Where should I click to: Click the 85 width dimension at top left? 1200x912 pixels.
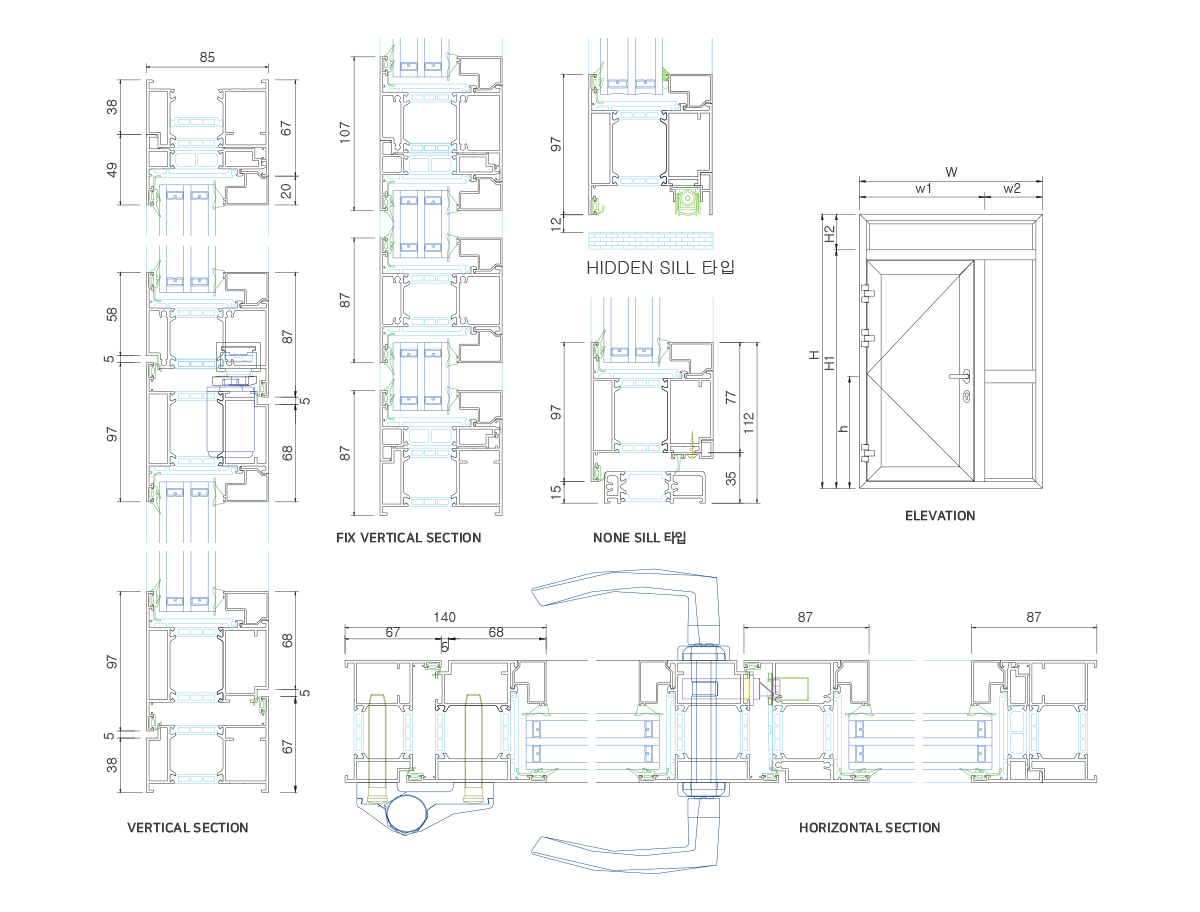(207, 58)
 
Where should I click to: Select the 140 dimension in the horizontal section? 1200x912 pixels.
(444, 618)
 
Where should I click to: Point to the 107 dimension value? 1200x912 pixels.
(346, 133)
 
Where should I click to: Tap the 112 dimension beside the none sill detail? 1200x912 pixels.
(749, 421)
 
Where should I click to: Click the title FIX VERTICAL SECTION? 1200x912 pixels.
(409, 538)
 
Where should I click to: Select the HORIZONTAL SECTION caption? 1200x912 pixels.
(869, 828)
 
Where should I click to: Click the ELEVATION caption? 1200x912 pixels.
(939, 516)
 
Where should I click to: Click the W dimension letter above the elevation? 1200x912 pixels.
(951, 172)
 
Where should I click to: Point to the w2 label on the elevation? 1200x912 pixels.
(1012, 188)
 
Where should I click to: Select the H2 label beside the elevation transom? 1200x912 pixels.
(829, 234)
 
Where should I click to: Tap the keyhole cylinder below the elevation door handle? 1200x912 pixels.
(966, 398)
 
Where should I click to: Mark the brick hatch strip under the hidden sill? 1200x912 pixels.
(651, 240)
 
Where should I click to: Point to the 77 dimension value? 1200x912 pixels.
(731, 397)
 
